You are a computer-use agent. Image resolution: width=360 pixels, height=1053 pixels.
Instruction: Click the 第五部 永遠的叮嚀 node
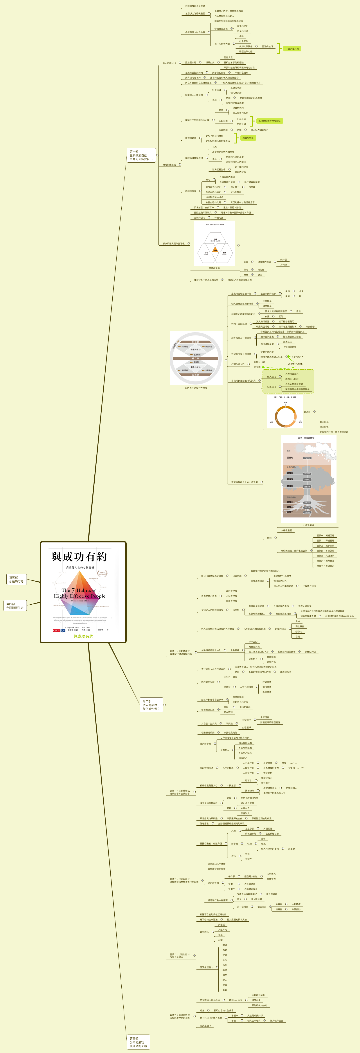click(x=16, y=579)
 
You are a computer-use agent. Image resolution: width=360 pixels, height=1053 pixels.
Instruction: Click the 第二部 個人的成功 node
click(x=151, y=705)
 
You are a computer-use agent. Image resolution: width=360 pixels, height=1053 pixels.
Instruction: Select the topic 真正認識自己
click(x=169, y=63)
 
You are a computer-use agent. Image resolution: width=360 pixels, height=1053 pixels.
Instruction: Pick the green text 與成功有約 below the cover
click(x=83, y=636)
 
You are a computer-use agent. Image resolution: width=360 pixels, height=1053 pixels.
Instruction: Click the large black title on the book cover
click(x=79, y=557)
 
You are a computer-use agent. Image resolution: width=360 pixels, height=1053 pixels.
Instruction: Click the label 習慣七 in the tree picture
click(x=290, y=458)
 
